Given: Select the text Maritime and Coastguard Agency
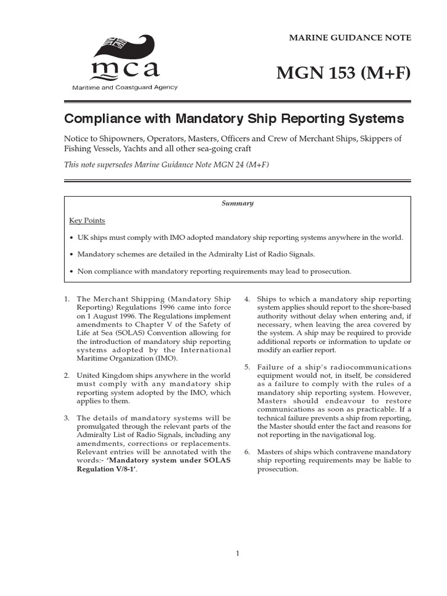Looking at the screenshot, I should tap(124, 87).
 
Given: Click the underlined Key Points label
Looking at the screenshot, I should tap(87, 221).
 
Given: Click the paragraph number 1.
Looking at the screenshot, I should tap(66, 299).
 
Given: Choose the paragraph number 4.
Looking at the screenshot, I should tap(247, 299).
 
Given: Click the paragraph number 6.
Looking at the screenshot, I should tap(247, 452).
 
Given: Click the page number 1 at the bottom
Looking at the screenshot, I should tap(237, 554).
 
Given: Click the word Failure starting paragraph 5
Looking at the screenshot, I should tap(269, 367).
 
